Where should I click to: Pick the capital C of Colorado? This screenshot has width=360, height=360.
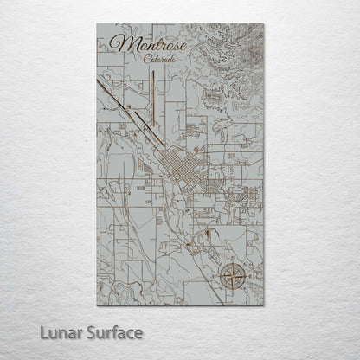138,59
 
